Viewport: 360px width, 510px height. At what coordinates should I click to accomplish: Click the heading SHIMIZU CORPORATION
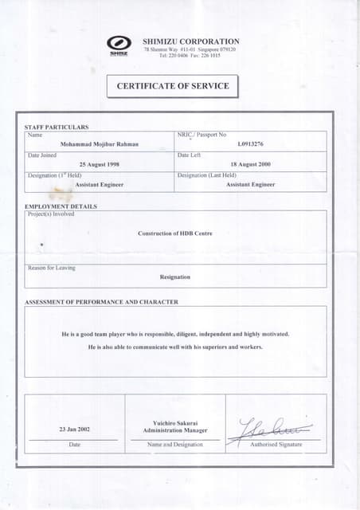pyautogui.click(x=190, y=41)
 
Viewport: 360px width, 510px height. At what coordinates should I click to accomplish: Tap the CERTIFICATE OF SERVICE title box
pyautogui.click(x=173, y=86)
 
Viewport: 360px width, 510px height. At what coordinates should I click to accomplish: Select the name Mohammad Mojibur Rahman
pyautogui.click(x=100, y=144)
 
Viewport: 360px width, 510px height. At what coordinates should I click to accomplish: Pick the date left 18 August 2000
pyautogui.click(x=250, y=164)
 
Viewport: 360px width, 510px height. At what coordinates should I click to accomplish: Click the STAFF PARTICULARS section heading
pyautogui.click(x=57, y=127)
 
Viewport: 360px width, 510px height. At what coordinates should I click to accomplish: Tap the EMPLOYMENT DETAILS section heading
pyautogui.click(x=61, y=206)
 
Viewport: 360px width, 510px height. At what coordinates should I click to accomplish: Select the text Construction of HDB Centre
pyautogui.click(x=175, y=233)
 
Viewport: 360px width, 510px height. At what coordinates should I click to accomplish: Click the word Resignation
pyautogui.click(x=175, y=277)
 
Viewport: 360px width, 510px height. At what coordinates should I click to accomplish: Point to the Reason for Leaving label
pyautogui.click(x=51, y=268)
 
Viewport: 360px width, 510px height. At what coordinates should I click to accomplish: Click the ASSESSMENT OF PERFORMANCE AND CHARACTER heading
pyautogui.click(x=102, y=302)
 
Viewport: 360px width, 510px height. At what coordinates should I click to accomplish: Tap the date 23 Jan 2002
pyautogui.click(x=74, y=430)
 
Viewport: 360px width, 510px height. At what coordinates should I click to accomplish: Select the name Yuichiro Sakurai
pyautogui.click(x=175, y=422)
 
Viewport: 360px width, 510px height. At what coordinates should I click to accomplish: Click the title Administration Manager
pyautogui.click(x=175, y=430)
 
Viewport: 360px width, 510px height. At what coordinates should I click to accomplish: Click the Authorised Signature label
pyautogui.click(x=276, y=445)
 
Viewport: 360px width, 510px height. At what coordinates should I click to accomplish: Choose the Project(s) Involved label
pyautogui.click(x=51, y=214)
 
